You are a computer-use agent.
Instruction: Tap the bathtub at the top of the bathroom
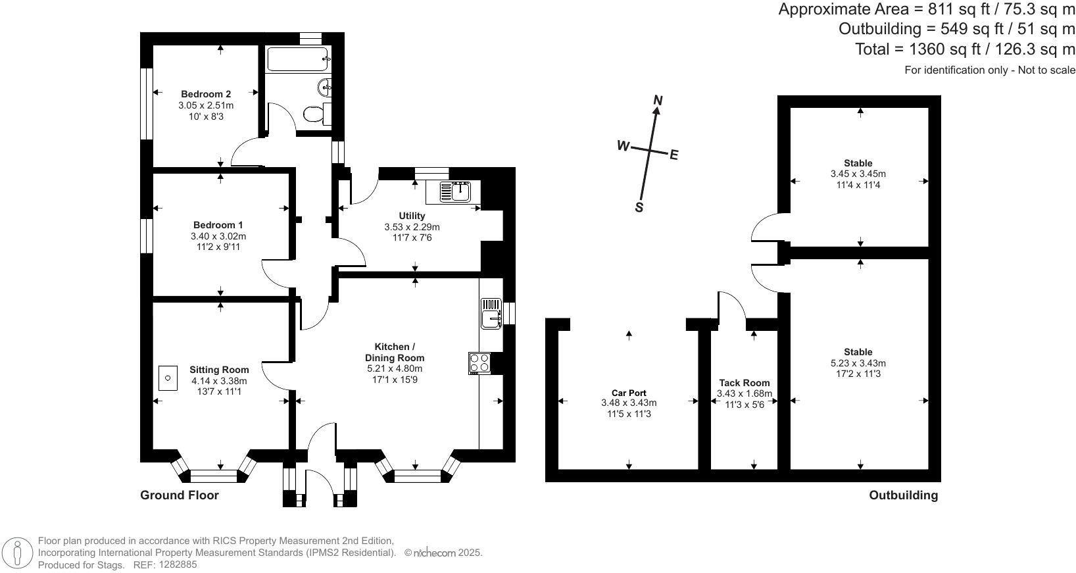[x=297, y=59]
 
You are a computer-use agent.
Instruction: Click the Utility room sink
[x=454, y=191]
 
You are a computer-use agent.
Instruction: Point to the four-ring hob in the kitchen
[x=479, y=363]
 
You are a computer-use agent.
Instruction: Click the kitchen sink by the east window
[x=491, y=313]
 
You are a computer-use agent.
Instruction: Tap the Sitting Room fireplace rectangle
[x=168, y=378]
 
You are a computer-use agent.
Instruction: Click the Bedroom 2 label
[x=206, y=94]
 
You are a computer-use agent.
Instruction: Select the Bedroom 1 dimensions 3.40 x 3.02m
[x=218, y=236]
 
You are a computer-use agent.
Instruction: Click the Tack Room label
[x=744, y=383]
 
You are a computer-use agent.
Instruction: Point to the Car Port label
[x=628, y=393]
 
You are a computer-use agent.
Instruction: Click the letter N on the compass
[x=658, y=100]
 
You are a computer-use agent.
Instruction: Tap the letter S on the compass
[x=639, y=207]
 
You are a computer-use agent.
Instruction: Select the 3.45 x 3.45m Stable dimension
[x=858, y=174]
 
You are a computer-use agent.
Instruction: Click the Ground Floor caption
[x=179, y=495]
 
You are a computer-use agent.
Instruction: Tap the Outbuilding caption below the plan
[x=903, y=495]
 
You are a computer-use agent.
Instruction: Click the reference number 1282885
[x=174, y=564]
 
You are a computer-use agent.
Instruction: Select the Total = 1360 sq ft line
[x=964, y=49]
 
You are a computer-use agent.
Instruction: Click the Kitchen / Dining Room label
[x=395, y=352]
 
